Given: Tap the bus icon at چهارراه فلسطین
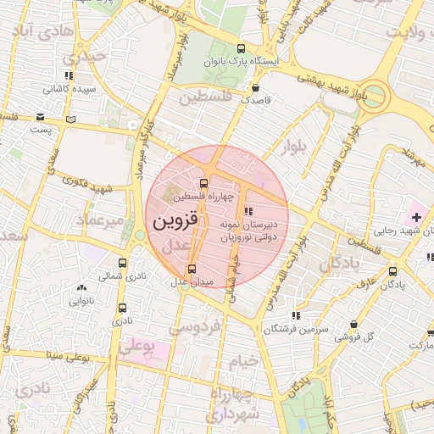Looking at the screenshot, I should pos(203,182).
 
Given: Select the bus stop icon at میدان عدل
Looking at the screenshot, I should pos(191,269).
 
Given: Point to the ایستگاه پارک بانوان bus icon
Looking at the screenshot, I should pos(242,48).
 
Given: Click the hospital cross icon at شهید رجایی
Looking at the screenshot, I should pos(415,218).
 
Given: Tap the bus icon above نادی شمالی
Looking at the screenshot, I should pos(123,263).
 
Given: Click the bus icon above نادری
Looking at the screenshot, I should pos(124,309).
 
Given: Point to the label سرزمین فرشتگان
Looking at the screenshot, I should pos(294,328).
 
